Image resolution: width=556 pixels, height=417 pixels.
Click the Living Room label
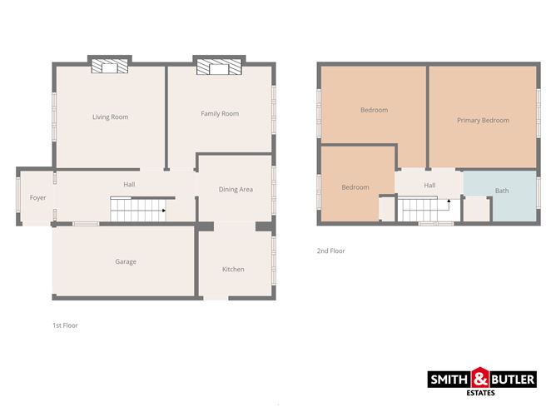click(110, 117)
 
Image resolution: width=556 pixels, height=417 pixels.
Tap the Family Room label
click(220, 114)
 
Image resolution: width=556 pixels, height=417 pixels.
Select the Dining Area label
click(236, 190)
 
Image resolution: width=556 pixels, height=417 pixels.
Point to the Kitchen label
click(233, 270)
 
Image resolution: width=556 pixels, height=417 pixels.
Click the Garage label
click(126, 262)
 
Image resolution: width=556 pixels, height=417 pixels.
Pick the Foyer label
click(37, 198)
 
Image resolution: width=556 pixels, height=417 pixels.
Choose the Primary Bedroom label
click(483, 121)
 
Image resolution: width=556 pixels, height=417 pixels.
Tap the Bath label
click(502, 191)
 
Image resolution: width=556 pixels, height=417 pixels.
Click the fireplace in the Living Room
click(110, 67)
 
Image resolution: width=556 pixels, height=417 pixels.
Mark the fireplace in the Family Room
click(218, 67)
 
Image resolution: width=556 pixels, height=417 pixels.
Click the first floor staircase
click(137, 210)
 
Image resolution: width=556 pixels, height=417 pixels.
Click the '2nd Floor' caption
click(330, 251)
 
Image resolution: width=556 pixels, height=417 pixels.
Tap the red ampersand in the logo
click(482, 380)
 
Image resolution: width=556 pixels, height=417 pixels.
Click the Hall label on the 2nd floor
click(429, 186)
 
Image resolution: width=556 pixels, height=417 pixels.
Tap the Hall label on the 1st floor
click(129, 184)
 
